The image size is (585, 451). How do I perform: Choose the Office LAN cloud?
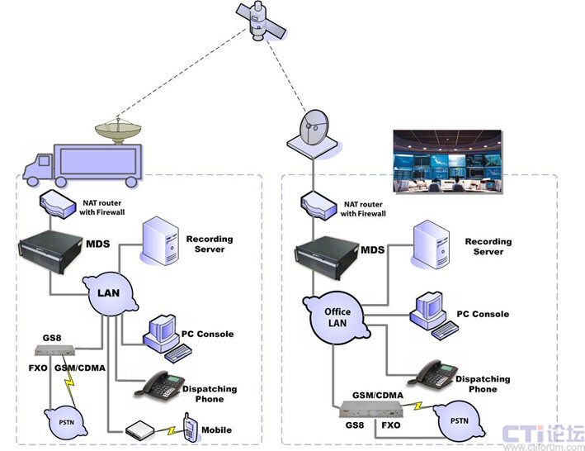point(337,316)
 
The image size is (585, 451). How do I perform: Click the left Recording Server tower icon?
point(162,241)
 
